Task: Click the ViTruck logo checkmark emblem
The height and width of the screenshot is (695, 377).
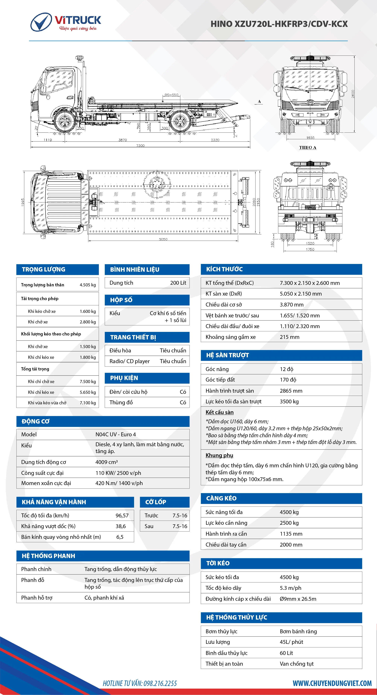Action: click(41, 22)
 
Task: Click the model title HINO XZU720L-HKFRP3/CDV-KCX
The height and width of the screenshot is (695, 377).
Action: click(279, 24)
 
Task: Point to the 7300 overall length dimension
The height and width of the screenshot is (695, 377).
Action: click(140, 146)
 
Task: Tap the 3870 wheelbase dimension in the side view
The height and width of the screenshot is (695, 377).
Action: click(122, 140)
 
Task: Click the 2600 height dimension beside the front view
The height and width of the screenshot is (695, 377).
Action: click(353, 94)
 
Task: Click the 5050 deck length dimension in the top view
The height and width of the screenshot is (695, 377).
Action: click(163, 239)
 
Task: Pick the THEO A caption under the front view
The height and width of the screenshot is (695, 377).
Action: click(307, 148)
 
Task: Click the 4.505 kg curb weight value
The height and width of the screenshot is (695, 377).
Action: click(88, 285)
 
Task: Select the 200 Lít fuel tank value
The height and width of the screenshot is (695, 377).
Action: click(178, 283)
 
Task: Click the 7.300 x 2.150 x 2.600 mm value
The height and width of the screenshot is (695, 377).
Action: click(309, 283)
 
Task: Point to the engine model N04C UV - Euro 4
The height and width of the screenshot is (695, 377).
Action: click(116, 434)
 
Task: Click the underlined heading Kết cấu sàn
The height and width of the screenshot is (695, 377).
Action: click(219, 412)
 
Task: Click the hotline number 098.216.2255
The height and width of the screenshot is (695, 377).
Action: click(160, 683)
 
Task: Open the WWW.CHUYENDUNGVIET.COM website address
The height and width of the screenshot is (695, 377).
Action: click(332, 683)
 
